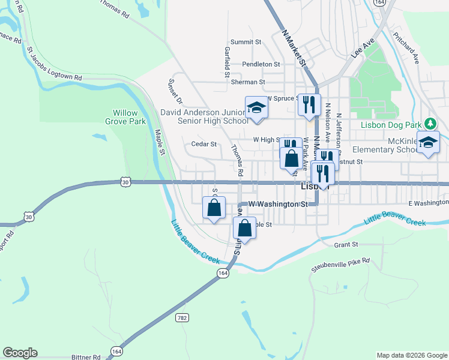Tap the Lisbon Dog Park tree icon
tap(430, 124)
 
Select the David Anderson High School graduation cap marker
tap(256, 108)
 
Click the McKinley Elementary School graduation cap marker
tap(428, 143)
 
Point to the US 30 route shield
tap(124, 181)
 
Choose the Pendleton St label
tap(261, 64)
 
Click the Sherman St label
tap(249, 82)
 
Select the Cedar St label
tap(203, 144)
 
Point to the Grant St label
tap(346, 245)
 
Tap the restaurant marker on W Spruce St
tap(309, 104)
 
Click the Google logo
tap(20, 353)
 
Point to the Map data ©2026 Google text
tap(411, 355)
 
